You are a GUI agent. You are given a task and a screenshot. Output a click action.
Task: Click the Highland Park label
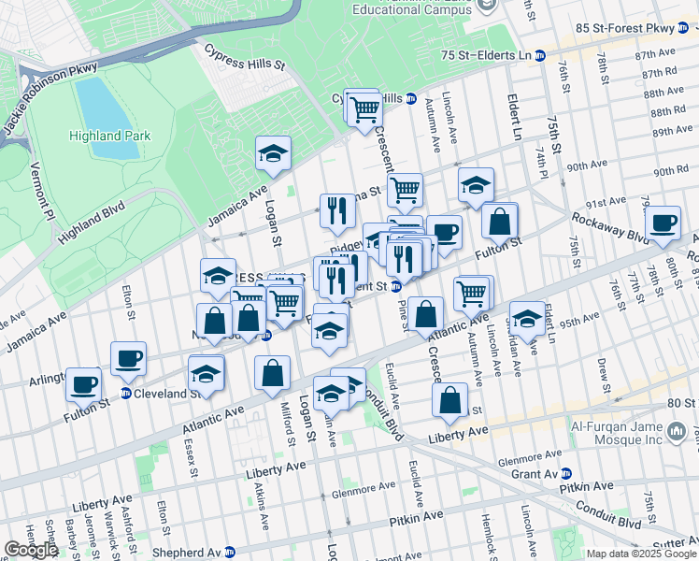108,136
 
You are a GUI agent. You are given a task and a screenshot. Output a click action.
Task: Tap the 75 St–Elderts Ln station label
486,56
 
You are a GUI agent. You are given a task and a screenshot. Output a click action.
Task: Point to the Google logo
31,550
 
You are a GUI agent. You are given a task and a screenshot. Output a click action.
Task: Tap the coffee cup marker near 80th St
663,223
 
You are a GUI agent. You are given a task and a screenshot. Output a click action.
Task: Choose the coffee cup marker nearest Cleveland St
128,358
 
